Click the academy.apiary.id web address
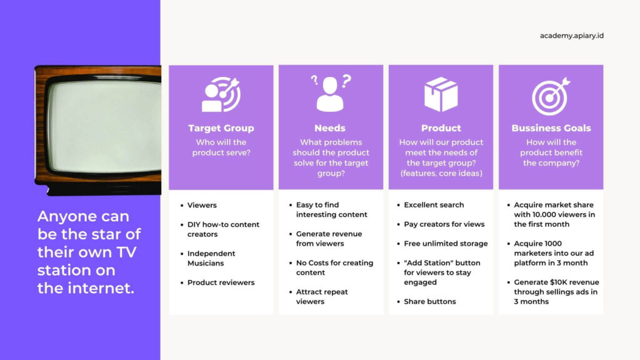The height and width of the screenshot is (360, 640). tap(571, 36)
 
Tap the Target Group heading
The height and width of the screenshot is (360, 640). tap(221, 128)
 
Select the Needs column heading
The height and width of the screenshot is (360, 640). tap(330, 128)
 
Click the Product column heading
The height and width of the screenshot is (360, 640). tap(441, 128)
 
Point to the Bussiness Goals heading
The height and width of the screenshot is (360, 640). tap(551, 128)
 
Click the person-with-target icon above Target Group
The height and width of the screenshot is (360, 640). tap(221, 94)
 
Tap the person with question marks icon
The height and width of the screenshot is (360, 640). tap(331, 93)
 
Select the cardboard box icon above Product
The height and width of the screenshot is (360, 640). tap(441, 94)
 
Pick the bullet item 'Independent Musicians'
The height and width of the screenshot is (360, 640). tap(211, 258)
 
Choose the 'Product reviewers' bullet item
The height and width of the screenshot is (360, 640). tap(221, 282)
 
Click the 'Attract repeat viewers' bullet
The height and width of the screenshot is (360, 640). tap(322, 297)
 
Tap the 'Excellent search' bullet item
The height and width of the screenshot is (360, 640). tap(434, 205)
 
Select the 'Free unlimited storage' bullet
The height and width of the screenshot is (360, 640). tap(446, 244)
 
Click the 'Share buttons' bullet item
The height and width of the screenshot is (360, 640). tap(430, 302)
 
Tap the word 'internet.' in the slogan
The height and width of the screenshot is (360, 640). tap(101, 288)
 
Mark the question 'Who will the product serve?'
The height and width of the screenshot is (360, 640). tap(221, 147)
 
